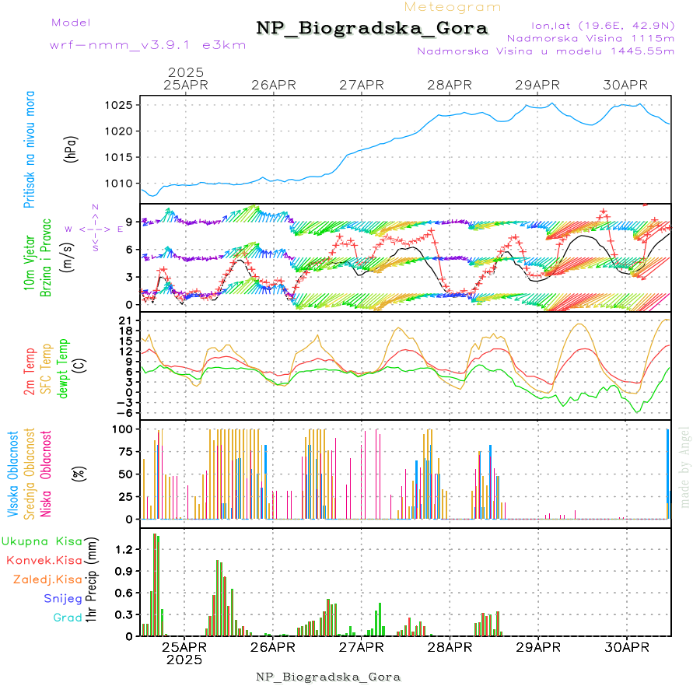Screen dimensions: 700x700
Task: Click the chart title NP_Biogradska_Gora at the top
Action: (372, 29)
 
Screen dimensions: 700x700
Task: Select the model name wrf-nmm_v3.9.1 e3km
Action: (148, 45)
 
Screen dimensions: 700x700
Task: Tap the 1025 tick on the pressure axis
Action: (117, 105)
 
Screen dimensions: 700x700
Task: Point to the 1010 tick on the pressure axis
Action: (117, 184)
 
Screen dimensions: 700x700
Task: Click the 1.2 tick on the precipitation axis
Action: (124, 549)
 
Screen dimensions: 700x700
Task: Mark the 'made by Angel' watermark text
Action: (685, 467)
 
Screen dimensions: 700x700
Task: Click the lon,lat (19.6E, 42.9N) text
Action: (602, 24)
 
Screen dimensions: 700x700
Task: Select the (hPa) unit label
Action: (72, 148)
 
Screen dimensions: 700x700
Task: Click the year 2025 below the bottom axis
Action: (184, 660)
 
